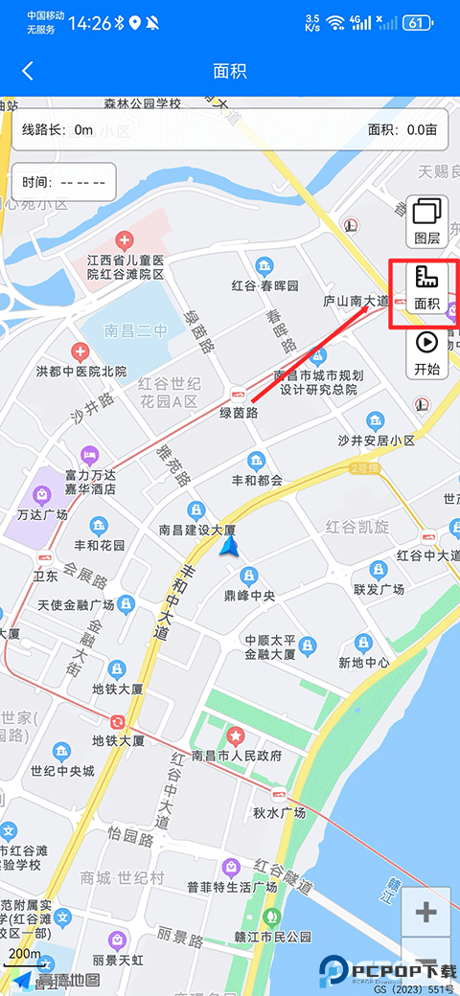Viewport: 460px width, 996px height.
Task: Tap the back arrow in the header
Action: [x=28, y=71]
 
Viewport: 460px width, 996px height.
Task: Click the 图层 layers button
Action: [x=426, y=221]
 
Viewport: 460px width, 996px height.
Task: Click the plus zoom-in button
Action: [x=425, y=913]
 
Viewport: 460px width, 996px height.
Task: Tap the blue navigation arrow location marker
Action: [x=229, y=546]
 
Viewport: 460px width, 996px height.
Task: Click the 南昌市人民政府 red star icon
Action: [x=236, y=736]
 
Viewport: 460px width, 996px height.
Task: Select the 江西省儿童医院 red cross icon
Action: [x=124, y=239]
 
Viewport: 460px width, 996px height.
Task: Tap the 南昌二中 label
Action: [x=135, y=331]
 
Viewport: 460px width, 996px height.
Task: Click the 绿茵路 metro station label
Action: [x=240, y=413]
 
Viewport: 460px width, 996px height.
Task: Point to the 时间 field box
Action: [x=63, y=182]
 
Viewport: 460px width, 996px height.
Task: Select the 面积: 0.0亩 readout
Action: [x=402, y=129]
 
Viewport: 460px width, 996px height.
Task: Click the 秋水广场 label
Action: [x=279, y=812]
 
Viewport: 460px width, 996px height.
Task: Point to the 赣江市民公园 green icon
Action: [x=271, y=917]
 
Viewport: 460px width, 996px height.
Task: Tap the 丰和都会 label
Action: [x=256, y=481]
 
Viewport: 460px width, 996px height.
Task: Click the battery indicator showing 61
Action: [x=418, y=22]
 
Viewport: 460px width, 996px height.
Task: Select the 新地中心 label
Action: [x=364, y=662]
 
